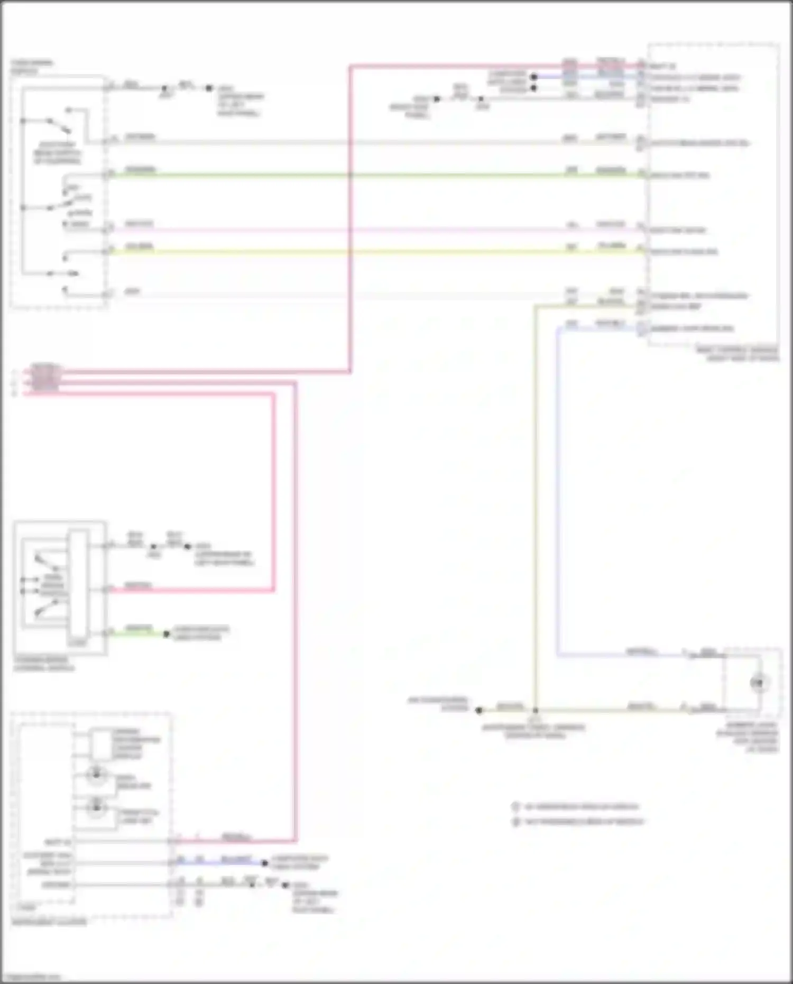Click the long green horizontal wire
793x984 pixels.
point(370,175)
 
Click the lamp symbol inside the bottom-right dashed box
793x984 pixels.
point(759,683)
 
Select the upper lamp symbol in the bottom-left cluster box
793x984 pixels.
point(96,775)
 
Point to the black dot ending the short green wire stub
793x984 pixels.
point(166,633)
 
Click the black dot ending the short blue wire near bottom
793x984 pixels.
point(265,863)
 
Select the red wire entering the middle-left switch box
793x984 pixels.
point(190,590)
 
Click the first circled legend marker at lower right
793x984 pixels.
point(516,807)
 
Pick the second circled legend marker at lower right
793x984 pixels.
point(516,822)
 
